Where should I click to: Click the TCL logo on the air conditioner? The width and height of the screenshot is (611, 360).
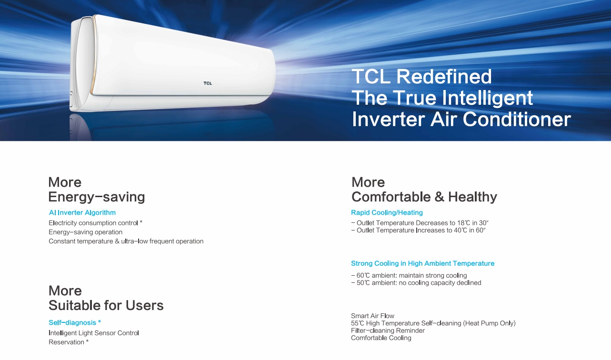pyautogui.click(x=208, y=83)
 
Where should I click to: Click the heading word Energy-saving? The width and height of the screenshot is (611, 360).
pyautogui.click(x=97, y=197)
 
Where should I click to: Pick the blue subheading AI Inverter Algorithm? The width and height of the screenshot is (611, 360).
pyautogui.click(x=82, y=213)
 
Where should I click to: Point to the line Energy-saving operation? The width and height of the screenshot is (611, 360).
pyautogui.click(x=86, y=232)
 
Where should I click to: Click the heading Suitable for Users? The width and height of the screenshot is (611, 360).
pyautogui.click(x=106, y=305)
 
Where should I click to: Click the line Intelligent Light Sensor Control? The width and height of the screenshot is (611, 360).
pyautogui.click(x=94, y=333)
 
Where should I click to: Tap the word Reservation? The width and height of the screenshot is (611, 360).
pyautogui.click(x=66, y=342)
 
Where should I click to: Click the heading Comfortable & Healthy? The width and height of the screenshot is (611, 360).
pyautogui.click(x=424, y=197)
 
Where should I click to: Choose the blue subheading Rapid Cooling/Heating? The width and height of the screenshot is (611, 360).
pyautogui.click(x=387, y=213)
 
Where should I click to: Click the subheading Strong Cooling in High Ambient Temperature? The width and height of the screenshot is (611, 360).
pyautogui.click(x=422, y=263)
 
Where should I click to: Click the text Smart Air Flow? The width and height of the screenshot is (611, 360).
pyautogui.click(x=372, y=316)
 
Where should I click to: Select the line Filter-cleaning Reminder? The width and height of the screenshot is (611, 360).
pyautogui.click(x=388, y=330)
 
